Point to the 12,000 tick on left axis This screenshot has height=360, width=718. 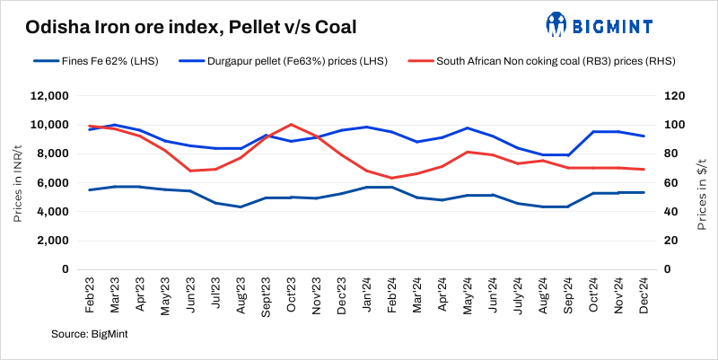click(x=49, y=96)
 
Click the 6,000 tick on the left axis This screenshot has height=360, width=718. click(x=52, y=183)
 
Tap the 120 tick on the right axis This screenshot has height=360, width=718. click(x=674, y=96)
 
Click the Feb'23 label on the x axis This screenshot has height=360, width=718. click(x=90, y=292)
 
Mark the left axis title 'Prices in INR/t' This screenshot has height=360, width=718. click(x=19, y=183)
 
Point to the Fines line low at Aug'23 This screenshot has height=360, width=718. click(x=240, y=206)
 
